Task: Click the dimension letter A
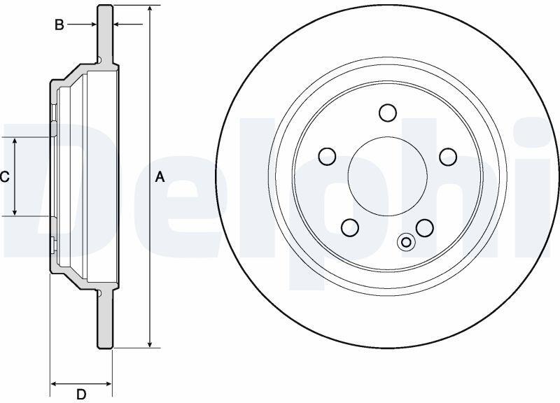point(160,177)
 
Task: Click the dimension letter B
point(59,24)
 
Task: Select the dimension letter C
point(4,177)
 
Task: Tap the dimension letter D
point(81,395)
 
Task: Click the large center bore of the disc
point(388,176)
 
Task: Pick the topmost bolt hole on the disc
point(388,113)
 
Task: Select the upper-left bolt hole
point(327,156)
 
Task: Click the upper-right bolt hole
point(448,156)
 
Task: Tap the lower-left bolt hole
point(350,227)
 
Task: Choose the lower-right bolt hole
point(425,227)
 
